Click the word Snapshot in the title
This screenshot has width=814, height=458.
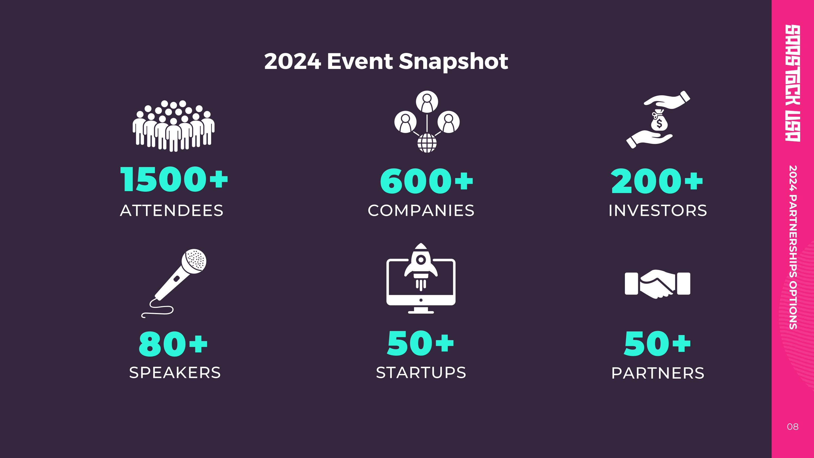(x=453, y=62)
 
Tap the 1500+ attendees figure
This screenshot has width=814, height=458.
(x=174, y=179)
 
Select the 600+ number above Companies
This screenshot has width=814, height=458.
(x=427, y=181)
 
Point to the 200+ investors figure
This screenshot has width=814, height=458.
(x=657, y=181)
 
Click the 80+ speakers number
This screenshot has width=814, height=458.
(x=173, y=344)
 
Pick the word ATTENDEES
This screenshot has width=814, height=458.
(x=171, y=210)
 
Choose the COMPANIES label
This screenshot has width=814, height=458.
(x=421, y=210)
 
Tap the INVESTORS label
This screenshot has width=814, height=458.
(x=658, y=210)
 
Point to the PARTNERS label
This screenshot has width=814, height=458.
(x=658, y=373)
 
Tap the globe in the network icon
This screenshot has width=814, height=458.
(x=427, y=143)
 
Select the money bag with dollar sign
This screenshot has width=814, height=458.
(x=659, y=121)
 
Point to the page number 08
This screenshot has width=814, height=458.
(x=793, y=427)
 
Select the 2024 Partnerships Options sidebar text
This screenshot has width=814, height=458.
(x=793, y=247)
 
